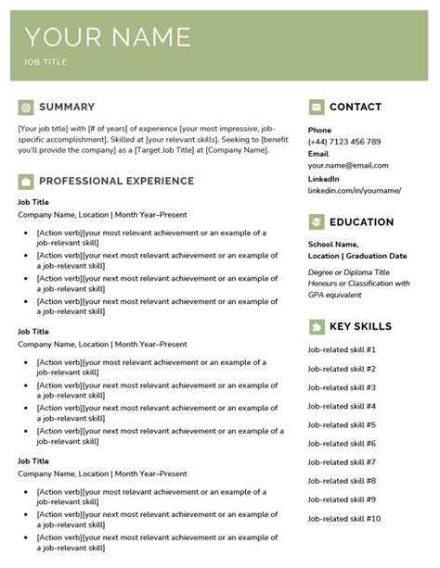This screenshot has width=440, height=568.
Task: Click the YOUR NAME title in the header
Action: point(108,37)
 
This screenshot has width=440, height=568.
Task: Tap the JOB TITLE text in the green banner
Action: point(45,63)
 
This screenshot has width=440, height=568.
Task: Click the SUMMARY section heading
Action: point(67,107)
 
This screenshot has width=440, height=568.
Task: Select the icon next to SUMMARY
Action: point(25,107)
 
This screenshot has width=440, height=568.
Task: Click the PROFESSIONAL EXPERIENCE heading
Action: point(116,181)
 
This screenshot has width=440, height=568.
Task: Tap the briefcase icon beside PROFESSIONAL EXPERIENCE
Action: point(25,181)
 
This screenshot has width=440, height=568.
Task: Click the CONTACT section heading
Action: point(356,107)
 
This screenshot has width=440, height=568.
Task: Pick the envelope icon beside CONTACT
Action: point(317,107)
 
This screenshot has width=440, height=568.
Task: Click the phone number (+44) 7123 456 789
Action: point(344,142)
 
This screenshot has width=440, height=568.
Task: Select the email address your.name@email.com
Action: point(348,166)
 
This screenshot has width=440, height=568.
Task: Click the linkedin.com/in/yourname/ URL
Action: point(355,190)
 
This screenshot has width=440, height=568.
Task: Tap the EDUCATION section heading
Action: point(361,222)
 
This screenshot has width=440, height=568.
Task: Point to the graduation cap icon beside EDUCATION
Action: point(317,222)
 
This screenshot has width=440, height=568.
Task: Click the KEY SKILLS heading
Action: point(360,326)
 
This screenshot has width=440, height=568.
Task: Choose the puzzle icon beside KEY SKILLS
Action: point(317,326)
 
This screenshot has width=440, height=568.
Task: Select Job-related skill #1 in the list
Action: point(342,350)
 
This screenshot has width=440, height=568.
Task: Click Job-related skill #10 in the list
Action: point(343,519)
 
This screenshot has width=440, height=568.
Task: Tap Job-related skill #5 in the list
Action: point(342,425)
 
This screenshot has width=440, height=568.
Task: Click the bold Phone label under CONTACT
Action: point(319,130)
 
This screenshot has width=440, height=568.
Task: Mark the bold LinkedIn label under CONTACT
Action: point(324,178)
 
